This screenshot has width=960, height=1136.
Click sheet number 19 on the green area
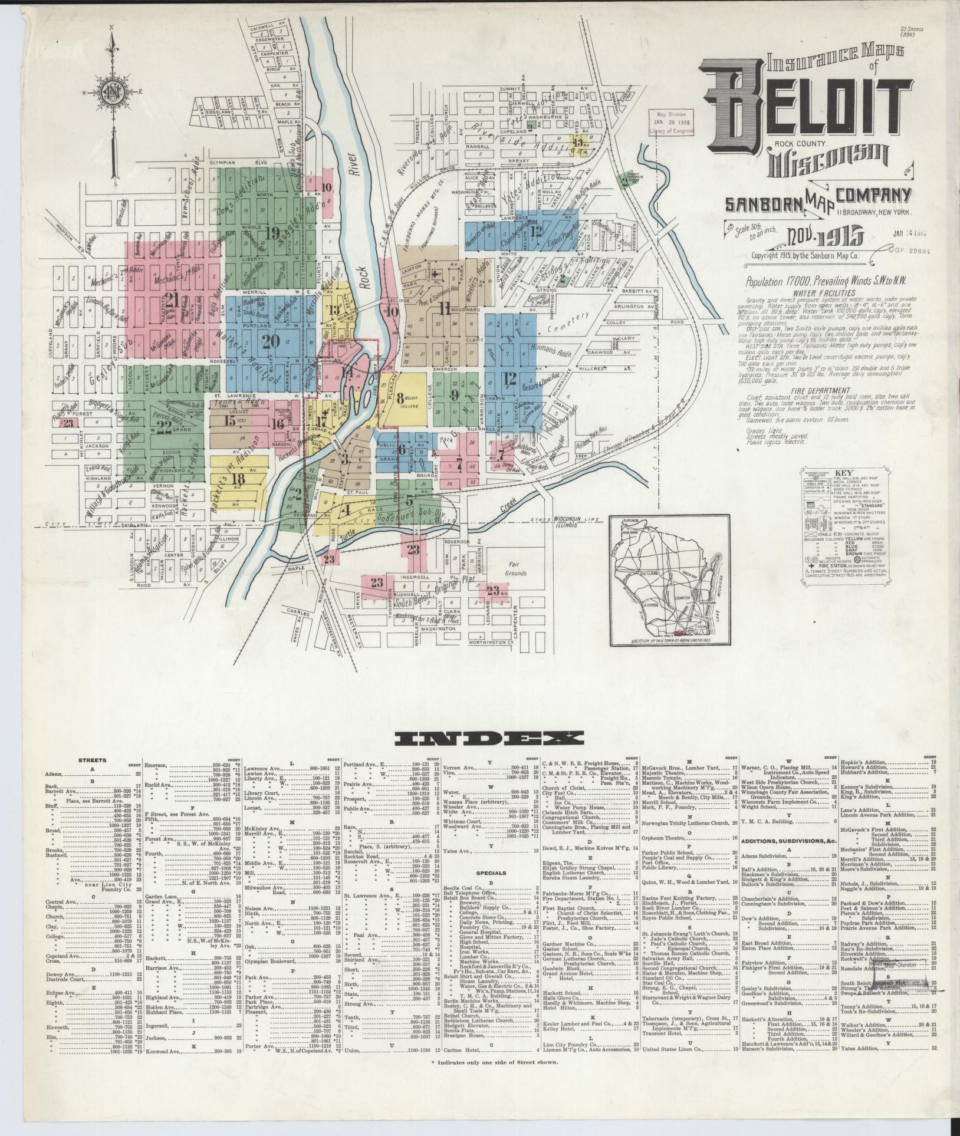click(x=272, y=233)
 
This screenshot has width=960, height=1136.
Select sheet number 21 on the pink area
click(x=172, y=300)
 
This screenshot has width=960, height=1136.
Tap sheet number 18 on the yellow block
click(x=238, y=479)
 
